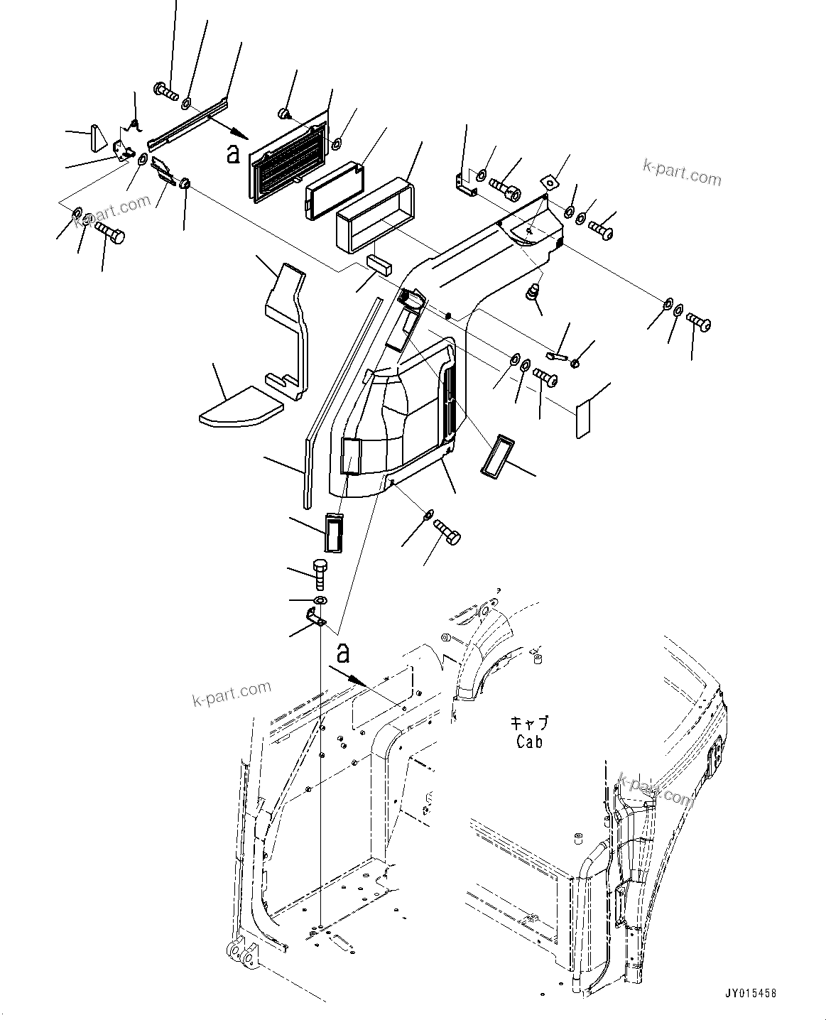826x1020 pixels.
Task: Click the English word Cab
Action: click(529, 742)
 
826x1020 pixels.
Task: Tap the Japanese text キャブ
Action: click(529, 724)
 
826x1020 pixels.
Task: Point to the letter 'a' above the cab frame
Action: click(344, 651)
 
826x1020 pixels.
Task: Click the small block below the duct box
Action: click(379, 264)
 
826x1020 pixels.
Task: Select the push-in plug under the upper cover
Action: click(532, 292)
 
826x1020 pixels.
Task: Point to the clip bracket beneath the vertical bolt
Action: click(316, 618)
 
